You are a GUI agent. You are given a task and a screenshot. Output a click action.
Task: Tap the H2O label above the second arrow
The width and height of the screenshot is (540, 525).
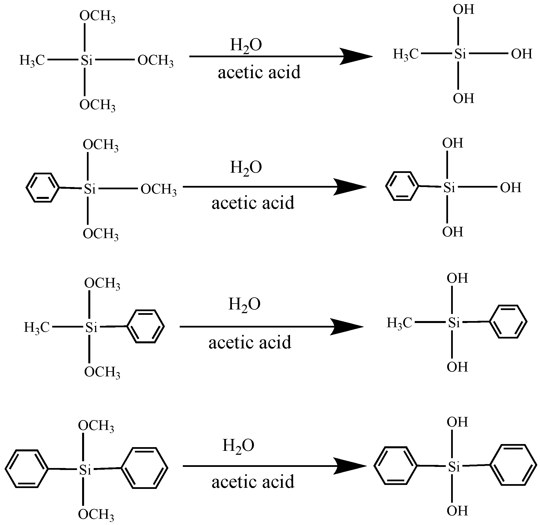coord(246,168)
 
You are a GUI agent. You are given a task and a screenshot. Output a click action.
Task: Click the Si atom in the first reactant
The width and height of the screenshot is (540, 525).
coord(87,60)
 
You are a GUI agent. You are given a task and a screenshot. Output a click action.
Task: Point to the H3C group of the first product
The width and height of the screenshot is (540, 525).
coord(405,54)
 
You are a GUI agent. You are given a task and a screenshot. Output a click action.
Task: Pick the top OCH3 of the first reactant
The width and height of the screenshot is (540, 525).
coord(97,17)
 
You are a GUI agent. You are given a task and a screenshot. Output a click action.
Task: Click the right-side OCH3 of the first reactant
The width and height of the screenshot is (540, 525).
coord(155,61)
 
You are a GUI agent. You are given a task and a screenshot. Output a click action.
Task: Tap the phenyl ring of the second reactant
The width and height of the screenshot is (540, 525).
coord(43,187)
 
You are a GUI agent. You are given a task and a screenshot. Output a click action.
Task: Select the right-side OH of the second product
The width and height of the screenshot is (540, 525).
coord(510,188)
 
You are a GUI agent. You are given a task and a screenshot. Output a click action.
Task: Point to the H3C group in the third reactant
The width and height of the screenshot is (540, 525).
coord(37,328)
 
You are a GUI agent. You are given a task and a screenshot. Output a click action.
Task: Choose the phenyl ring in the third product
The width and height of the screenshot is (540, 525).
coord(508,321)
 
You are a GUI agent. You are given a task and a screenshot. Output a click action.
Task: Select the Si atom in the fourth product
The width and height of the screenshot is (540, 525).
coord(454,467)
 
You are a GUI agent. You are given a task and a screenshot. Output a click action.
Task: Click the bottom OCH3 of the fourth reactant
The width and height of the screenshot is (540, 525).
coord(96,514)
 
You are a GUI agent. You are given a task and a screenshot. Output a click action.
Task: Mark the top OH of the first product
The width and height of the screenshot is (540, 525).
coord(463,10)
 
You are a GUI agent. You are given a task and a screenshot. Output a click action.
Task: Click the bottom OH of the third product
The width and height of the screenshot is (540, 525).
coord(457,367)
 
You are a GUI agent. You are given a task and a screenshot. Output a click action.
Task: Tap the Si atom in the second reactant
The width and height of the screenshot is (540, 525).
coord(90,189)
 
